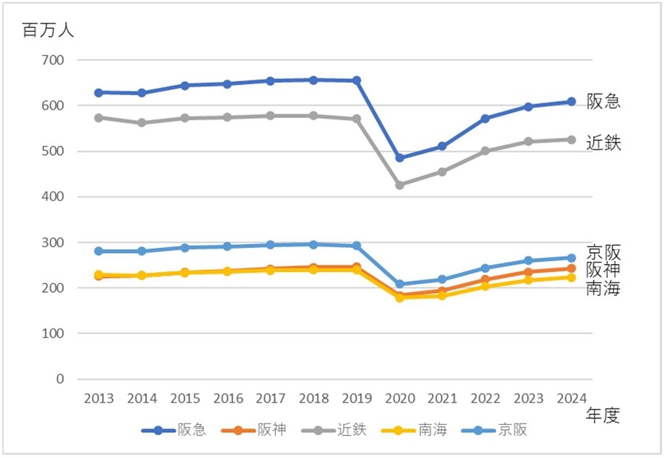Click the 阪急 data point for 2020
click(400, 158)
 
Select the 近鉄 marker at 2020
click(400, 185)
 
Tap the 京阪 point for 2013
click(99, 251)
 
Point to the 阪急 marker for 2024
click(571, 102)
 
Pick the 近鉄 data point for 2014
click(142, 122)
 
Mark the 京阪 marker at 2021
click(443, 280)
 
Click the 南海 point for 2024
click(571, 277)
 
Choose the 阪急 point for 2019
click(357, 80)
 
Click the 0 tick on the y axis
click(60, 379)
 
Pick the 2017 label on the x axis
click(271, 399)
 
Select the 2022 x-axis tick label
click(485, 399)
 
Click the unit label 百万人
click(48, 31)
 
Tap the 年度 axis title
click(602, 416)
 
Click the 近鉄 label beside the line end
click(604, 143)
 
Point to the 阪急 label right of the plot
click(604, 102)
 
